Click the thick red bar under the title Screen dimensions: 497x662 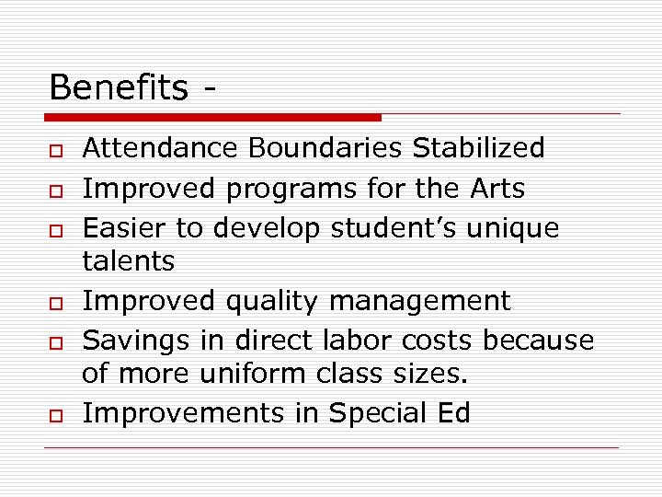coord(212,118)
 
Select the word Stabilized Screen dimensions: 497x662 coord(478,147)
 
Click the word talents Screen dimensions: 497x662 coord(128,261)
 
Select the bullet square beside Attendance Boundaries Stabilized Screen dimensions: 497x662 coord(56,150)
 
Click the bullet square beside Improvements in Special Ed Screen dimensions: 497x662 coord(56,416)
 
